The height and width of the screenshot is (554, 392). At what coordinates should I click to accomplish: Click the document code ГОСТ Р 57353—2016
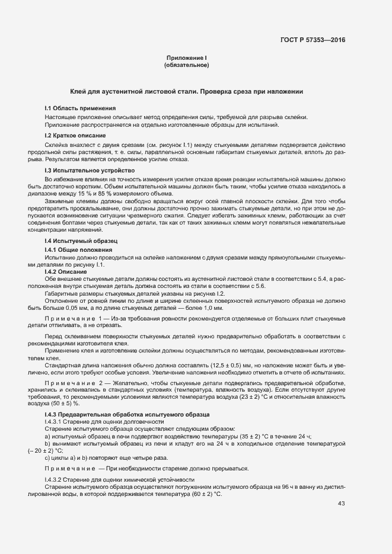point(313,40)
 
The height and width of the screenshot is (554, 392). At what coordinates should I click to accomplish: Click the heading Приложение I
point(186,58)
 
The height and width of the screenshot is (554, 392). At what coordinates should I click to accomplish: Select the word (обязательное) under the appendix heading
point(186,65)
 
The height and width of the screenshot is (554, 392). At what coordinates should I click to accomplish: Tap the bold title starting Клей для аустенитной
point(187,92)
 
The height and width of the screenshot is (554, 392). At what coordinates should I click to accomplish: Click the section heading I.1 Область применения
point(80,108)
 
